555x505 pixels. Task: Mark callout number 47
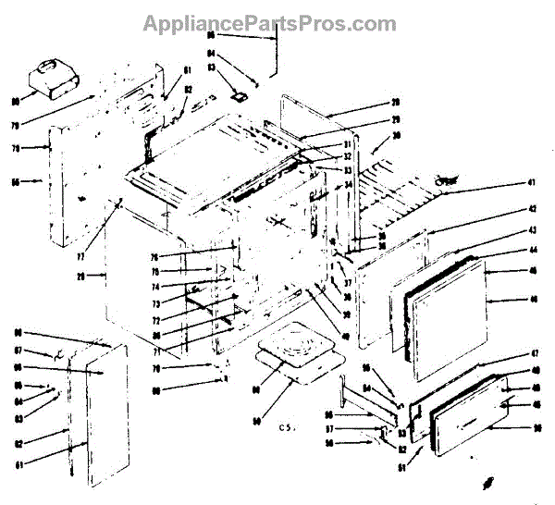[508, 354]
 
